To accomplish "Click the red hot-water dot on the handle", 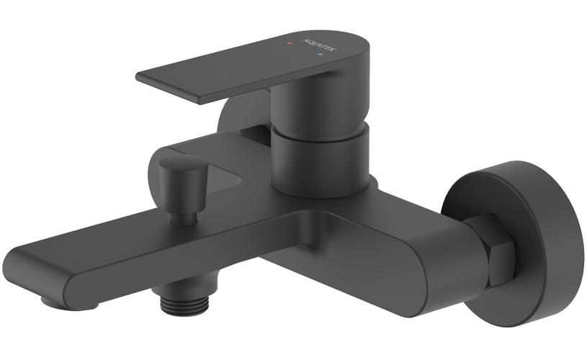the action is (x=289, y=43).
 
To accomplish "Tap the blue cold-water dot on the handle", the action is (x=320, y=55).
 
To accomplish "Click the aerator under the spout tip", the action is (x=69, y=301).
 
